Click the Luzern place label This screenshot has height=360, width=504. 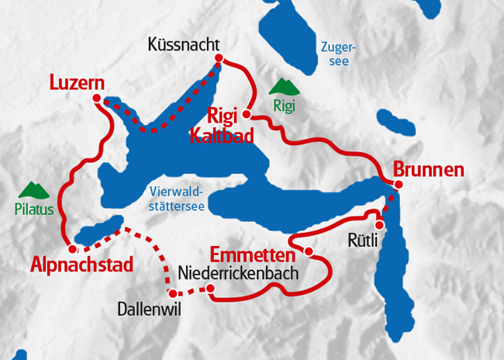pos(77,81)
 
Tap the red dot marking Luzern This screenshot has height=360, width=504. pos(97,98)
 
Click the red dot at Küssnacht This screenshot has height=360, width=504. pos(219,58)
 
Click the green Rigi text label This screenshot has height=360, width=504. pos(285,106)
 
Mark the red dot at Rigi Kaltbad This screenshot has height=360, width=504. pos(247,115)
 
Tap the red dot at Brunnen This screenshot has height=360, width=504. pos(398,185)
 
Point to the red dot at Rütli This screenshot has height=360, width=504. pos(379,224)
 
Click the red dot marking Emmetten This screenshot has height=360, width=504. pos(309,251)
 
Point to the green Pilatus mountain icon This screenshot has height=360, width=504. pos(31,189)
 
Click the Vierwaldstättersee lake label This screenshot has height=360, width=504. pos(177,199)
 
